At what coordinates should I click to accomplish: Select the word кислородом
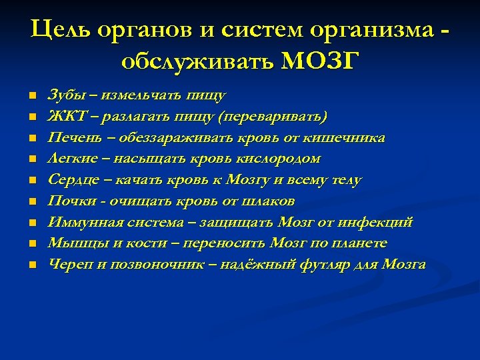pyautogui.click(x=285, y=159)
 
